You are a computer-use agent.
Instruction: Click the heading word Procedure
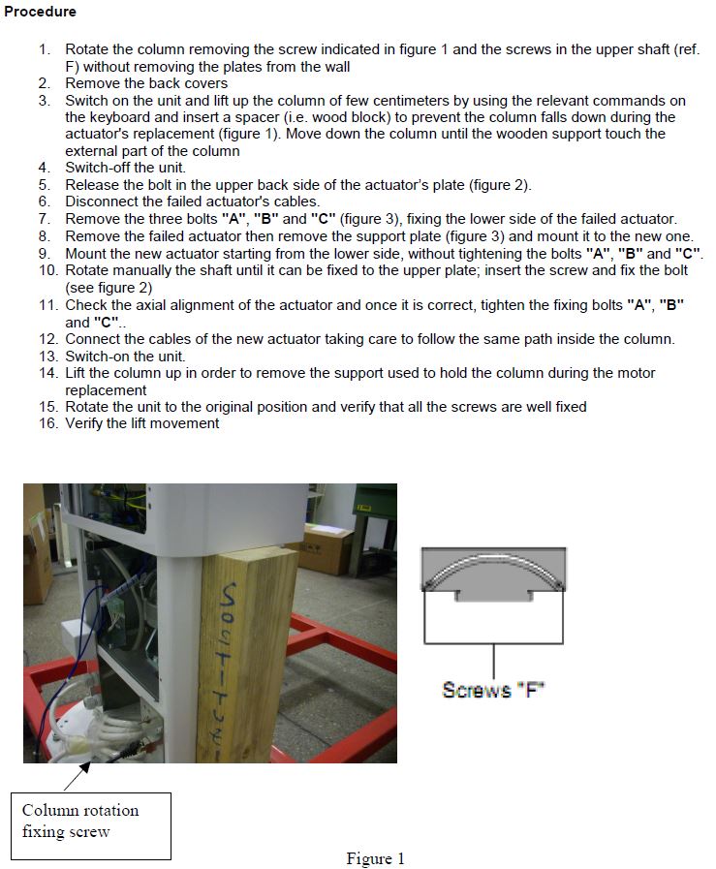tap(40, 12)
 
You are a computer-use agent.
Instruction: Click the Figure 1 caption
tap(375, 858)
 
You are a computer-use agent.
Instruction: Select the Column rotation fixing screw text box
tap(96, 821)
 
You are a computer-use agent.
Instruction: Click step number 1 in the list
tap(46, 48)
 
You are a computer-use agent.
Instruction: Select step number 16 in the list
tap(48, 422)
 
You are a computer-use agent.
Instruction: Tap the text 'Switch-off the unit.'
tap(118, 168)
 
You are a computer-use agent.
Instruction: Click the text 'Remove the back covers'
tap(146, 83)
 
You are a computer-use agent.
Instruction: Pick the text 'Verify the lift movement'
tap(142, 422)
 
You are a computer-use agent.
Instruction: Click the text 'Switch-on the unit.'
tap(125, 356)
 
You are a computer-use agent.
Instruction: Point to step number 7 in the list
tap(45, 219)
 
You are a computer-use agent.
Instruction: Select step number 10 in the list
tap(48, 269)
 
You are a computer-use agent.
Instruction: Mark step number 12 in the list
tap(48, 339)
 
